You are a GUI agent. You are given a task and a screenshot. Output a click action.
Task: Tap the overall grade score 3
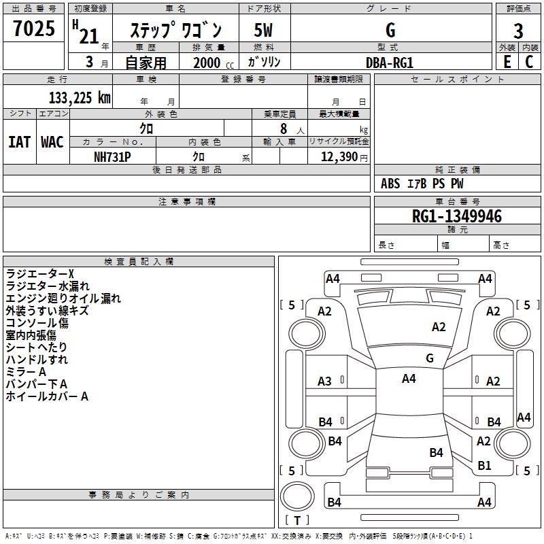pos(518,31)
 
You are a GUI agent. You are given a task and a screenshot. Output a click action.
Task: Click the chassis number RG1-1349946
pos(457,216)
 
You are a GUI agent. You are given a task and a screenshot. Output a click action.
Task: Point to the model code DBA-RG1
pos(390,62)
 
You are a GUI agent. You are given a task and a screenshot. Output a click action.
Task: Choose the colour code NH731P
pos(112,156)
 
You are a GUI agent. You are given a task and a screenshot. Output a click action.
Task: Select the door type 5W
pos(263,31)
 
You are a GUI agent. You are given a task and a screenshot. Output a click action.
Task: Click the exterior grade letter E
pos(507,62)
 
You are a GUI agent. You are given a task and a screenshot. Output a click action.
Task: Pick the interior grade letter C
pos(529,62)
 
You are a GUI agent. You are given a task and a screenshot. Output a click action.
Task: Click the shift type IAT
pos(19,142)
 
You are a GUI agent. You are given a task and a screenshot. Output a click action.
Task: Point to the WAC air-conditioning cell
pos(52,142)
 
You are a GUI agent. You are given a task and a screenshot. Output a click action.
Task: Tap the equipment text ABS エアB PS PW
pos(422,184)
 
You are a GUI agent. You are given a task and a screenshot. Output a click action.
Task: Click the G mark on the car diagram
pos(429,358)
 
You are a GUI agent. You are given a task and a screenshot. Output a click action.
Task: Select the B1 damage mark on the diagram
pos(484,466)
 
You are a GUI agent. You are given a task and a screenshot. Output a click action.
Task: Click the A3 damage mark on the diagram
pos(325,381)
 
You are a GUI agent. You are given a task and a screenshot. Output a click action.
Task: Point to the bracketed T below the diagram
pos(296,520)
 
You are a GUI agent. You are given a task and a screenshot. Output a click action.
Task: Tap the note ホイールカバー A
pos(47,396)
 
